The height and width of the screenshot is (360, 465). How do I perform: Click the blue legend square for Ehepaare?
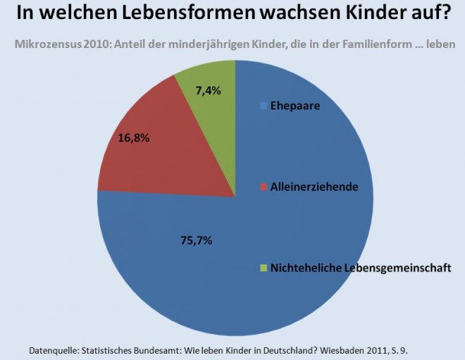[x=264, y=106]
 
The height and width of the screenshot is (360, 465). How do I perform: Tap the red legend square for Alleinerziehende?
[x=264, y=187]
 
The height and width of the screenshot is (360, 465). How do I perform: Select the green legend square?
[x=264, y=268]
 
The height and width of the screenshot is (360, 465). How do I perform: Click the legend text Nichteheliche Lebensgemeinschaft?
[x=361, y=268]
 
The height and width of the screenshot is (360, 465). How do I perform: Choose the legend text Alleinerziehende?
[x=314, y=187]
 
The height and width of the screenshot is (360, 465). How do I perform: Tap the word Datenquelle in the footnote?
[x=56, y=349]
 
